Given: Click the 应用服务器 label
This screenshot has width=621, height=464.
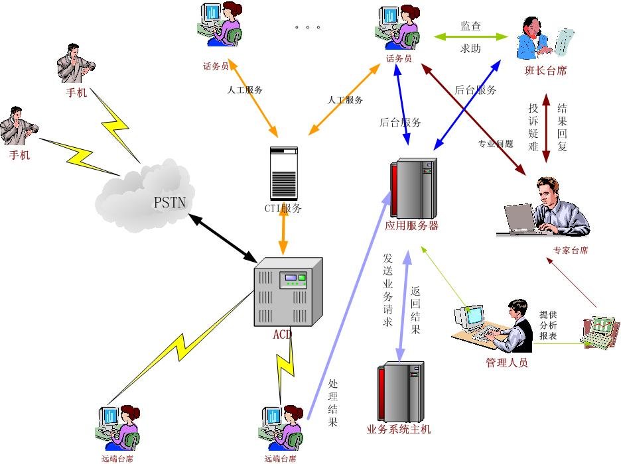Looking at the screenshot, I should tap(411, 225).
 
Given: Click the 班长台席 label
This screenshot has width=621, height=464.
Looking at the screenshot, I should tap(545, 70).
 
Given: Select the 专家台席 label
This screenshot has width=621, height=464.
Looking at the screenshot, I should tap(570, 251).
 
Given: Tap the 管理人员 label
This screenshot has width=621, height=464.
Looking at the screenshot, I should tap(506, 363).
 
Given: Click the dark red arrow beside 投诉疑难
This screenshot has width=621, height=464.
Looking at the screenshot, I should tap(546, 128).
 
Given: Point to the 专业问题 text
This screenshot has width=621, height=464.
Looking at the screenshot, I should tap(496, 143).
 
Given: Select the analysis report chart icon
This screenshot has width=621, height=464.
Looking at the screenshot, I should tap(599, 331).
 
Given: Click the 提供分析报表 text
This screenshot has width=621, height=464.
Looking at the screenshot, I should tap(548, 325).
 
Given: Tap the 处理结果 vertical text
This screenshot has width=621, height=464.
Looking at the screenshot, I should tap(333, 402).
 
